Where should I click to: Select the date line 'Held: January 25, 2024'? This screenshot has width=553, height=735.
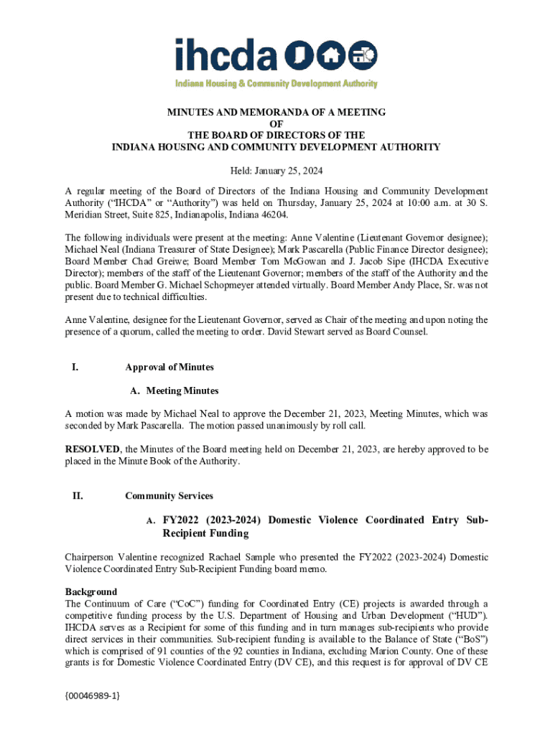(276, 171)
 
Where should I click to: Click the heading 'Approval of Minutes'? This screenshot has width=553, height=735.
(169, 367)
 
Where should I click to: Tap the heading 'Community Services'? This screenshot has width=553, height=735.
(169, 496)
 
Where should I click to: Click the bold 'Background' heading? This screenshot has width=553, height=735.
(91, 592)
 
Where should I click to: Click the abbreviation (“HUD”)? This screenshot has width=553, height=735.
(468, 615)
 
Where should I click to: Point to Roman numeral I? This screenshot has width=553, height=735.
(75, 367)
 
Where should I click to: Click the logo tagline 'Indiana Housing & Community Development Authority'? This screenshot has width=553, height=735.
(277, 84)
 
